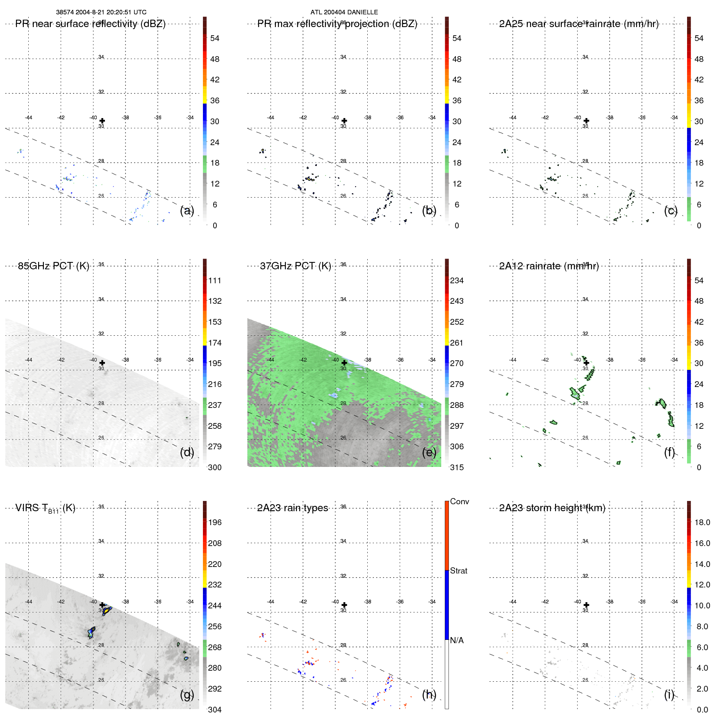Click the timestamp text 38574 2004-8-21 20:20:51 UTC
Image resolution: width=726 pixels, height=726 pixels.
tap(101, 12)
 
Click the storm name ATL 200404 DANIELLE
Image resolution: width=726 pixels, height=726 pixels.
tap(344, 12)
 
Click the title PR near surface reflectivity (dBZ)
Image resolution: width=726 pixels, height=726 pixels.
tap(90, 24)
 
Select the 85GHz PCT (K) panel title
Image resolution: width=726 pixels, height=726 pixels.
tap(53, 266)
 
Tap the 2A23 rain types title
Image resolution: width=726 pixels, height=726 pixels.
tap(292, 508)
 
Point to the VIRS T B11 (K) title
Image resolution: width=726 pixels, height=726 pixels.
tap(45, 508)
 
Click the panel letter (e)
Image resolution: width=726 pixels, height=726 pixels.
tap(429, 452)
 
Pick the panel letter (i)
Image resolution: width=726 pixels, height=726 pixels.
tap(669, 694)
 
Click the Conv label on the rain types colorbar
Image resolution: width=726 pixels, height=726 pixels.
tap(459, 501)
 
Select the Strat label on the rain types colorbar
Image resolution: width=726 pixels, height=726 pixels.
tap(458, 571)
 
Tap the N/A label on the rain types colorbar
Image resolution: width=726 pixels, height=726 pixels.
tap(457, 640)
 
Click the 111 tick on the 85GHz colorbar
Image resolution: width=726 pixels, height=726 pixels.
tap(214, 280)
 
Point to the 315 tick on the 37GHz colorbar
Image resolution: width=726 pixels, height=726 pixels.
tap(457, 467)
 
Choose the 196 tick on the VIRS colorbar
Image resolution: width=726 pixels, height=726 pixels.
tap(214, 522)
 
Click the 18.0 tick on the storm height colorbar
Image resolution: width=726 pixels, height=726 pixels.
tap(702, 522)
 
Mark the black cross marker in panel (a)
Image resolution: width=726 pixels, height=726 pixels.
tap(102, 121)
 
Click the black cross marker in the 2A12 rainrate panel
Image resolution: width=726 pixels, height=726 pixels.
tap(586, 363)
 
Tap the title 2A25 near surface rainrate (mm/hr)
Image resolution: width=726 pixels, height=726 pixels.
tap(578, 24)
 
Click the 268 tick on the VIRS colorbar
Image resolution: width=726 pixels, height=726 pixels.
tap(214, 647)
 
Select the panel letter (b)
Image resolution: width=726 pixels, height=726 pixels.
tap(429, 210)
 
